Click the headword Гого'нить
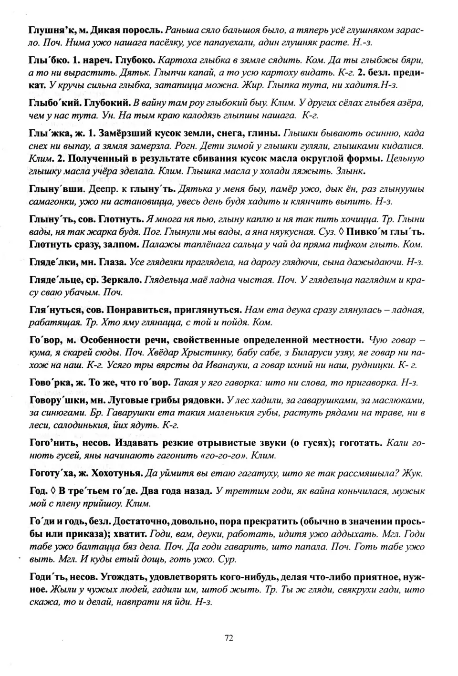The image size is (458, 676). pyautogui.click(x=53, y=443)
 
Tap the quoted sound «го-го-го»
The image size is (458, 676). pyautogui.click(x=225, y=455)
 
